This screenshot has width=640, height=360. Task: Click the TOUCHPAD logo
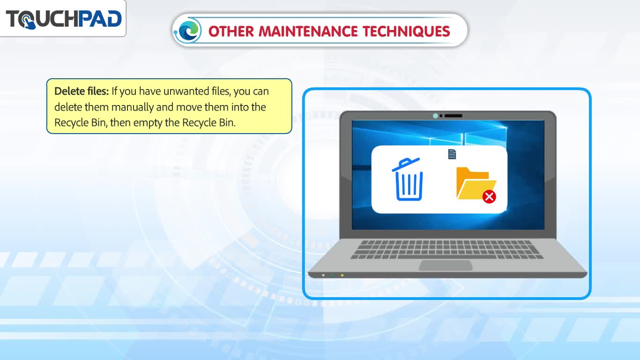pos(64,19)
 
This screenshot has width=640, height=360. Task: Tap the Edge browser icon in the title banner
pos(188,30)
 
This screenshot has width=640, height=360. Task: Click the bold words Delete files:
pos(82,91)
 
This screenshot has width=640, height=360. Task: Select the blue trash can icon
pos(408,179)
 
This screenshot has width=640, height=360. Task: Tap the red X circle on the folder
pos(489,197)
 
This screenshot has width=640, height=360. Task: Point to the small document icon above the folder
pos(452,154)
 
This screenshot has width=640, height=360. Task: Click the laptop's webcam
pos(435,116)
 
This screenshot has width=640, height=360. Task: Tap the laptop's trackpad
pos(446,265)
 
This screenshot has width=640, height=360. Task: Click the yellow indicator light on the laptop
pos(342,275)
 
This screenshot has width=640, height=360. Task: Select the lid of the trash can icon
pos(406,165)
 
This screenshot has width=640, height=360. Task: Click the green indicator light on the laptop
pos(333,275)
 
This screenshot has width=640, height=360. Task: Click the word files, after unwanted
pos(221,91)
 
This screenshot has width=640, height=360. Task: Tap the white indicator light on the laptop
pos(323,275)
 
